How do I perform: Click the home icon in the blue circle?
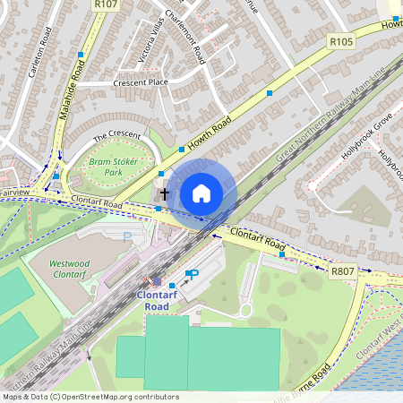(201, 193)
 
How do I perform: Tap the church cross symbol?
(164, 193)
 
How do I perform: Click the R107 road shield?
(107, 4)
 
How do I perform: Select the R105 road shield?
(341, 41)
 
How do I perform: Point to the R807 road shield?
(343, 270)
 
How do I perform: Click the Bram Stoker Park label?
(106, 166)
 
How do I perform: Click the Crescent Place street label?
(140, 82)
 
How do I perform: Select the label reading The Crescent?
(117, 134)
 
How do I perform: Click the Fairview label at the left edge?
(14, 193)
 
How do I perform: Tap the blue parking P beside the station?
(191, 275)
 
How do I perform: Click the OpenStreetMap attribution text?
(90, 397)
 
